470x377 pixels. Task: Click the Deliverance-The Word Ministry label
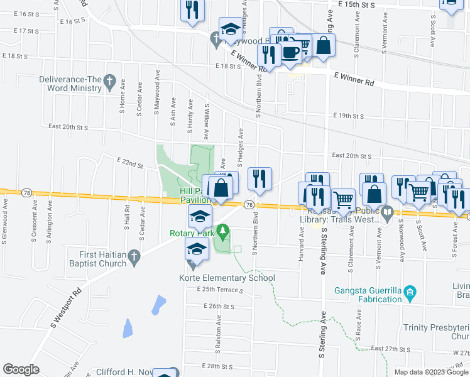70,84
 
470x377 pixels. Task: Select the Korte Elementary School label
227,278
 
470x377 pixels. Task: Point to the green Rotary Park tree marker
221,232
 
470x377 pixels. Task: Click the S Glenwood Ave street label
6,214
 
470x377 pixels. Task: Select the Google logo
21,369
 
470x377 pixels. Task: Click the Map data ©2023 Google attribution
430,372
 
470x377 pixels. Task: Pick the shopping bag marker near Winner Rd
324,45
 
